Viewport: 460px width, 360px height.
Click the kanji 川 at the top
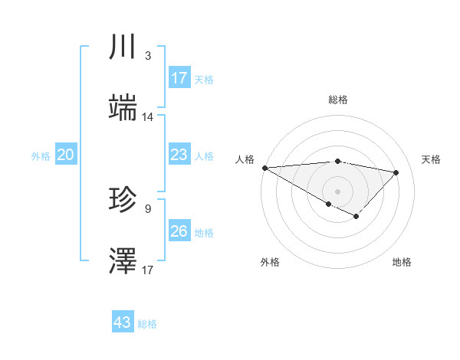(x=123, y=47)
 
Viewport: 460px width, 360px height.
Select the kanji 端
(x=123, y=108)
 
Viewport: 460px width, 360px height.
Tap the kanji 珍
(x=123, y=201)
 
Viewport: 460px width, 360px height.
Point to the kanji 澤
(x=123, y=261)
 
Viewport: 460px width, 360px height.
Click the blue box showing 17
(x=179, y=78)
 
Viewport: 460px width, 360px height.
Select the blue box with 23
(x=179, y=155)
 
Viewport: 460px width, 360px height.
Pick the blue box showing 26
(x=179, y=231)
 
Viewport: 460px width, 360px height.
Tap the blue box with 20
(x=66, y=155)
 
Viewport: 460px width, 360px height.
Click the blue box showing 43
(x=123, y=322)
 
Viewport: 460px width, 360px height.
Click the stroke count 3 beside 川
(x=148, y=56)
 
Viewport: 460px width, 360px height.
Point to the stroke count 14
(x=148, y=117)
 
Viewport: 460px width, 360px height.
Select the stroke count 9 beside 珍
(x=148, y=208)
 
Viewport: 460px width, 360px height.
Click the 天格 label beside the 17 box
(x=204, y=80)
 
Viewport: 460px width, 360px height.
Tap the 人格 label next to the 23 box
(x=204, y=156)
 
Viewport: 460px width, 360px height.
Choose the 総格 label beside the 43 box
(x=147, y=324)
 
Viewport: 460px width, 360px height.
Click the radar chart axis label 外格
(x=270, y=262)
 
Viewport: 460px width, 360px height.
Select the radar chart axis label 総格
(x=338, y=100)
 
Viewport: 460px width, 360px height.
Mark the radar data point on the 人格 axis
(x=264, y=168)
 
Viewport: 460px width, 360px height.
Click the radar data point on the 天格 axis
(x=396, y=172)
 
